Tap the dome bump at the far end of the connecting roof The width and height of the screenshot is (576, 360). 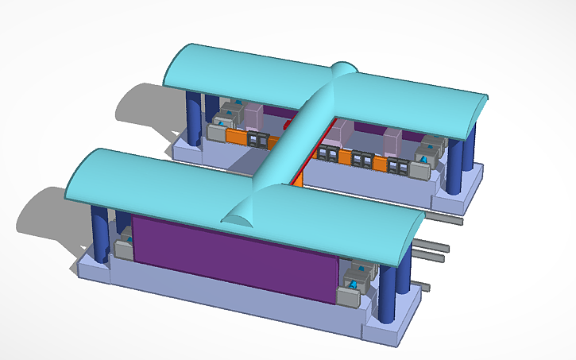pos(344,69)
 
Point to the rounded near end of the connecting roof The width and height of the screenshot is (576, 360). pos(238,213)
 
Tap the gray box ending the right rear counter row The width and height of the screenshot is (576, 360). pos(420,170)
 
